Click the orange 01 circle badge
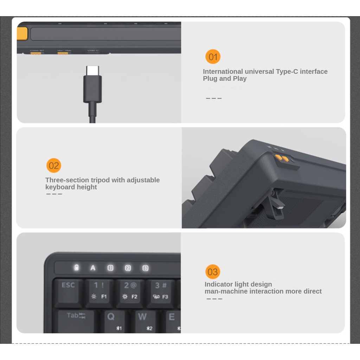point(213,57)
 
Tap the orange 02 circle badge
point(54,166)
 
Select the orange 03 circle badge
point(213,272)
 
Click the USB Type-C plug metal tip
point(92,70)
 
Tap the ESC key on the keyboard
point(68,291)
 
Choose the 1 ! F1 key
point(99,291)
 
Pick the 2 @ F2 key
point(130,291)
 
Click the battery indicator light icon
point(76,268)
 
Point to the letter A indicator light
point(93,268)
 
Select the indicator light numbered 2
point(128,268)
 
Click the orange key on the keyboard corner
point(22,34)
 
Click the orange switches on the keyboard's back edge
point(282,159)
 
